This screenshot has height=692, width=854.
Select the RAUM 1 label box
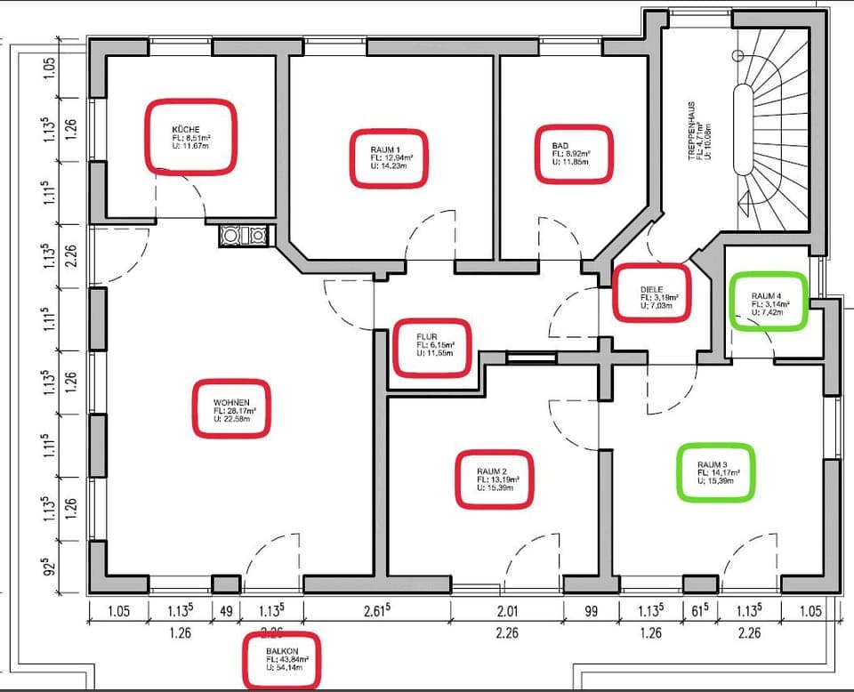386,157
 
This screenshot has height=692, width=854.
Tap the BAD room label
574,154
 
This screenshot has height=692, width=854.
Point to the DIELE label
651,294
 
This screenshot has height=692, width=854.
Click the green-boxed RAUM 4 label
768,302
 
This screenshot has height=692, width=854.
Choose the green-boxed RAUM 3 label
715,472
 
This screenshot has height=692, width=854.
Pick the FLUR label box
431,347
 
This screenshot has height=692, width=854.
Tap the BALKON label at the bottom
281,659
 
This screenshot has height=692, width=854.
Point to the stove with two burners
244,236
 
